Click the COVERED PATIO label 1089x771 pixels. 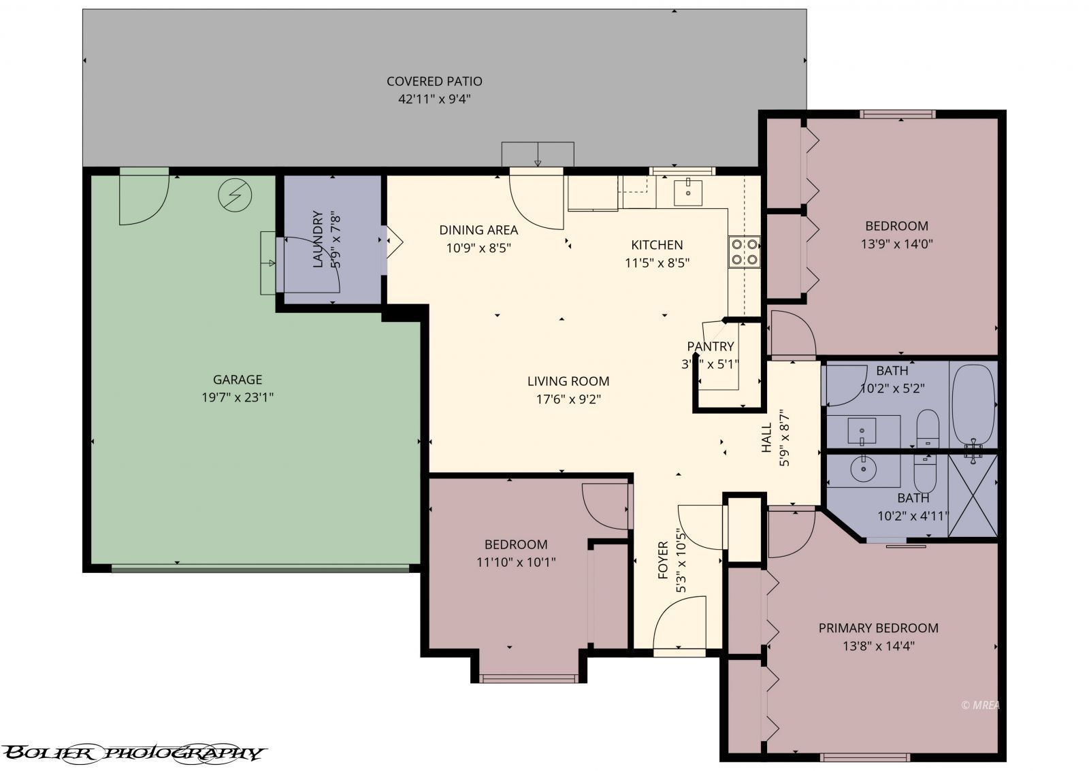pyautogui.click(x=434, y=81)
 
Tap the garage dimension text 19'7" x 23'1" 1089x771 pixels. pyautogui.click(x=238, y=397)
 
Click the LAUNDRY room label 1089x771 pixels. pyautogui.click(x=318, y=240)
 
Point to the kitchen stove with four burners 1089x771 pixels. pyautogui.click(x=744, y=250)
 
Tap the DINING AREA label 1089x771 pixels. pyautogui.click(x=478, y=230)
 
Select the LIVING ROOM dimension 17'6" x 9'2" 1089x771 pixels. pyautogui.click(x=568, y=399)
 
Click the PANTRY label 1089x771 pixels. pyautogui.click(x=710, y=346)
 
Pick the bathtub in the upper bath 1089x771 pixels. pyautogui.click(x=973, y=404)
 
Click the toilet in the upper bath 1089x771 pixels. pyautogui.click(x=928, y=428)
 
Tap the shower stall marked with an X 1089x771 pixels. pyautogui.click(x=973, y=495)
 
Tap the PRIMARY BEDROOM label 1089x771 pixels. pyautogui.click(x=878, y=628)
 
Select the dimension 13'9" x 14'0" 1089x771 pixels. pyautogui.click(x=896, y=244)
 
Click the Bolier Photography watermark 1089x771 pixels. pyautogui.click(x=133, y=753)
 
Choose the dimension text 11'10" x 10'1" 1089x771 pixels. pyautogui.click(x=516, y=562)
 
